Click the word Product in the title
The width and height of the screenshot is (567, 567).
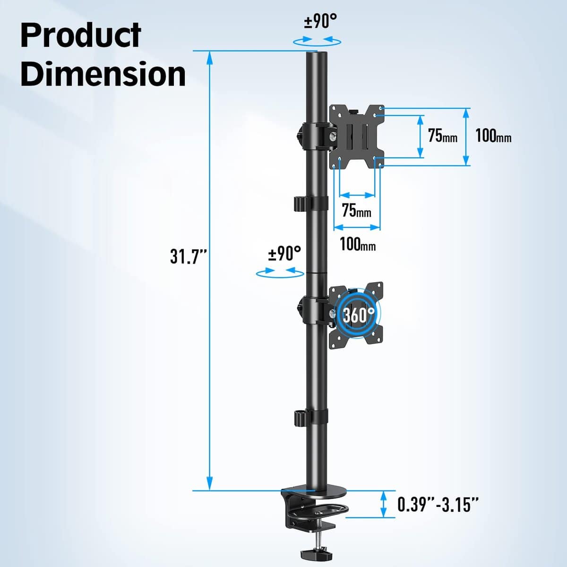(81, 35)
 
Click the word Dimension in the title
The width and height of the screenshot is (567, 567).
(103, 74)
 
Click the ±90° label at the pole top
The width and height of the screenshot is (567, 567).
(320, 21)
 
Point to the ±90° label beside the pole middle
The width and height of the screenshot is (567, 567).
(284, 254)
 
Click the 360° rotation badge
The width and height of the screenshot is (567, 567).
(358, 314)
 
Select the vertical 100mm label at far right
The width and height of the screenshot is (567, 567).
(493, 136)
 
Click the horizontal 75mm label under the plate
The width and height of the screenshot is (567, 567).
(356, 210)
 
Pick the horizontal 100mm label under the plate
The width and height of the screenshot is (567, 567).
(358, 244)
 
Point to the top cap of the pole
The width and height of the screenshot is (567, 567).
(317, 55)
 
